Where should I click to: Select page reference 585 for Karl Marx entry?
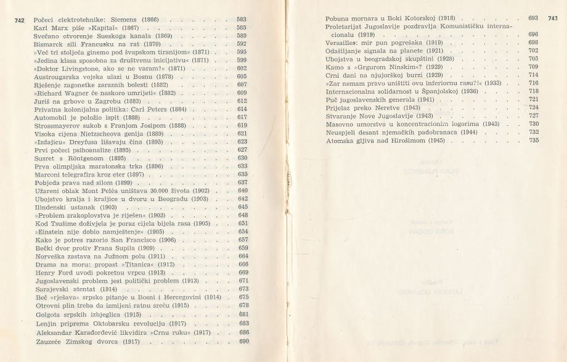click(x=242, y=28)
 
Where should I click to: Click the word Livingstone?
click(x=80, y=68)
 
